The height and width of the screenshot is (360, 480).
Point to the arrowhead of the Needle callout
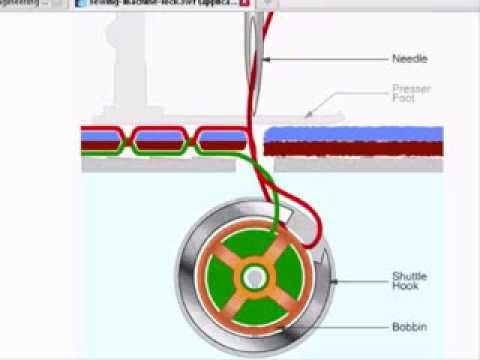267,60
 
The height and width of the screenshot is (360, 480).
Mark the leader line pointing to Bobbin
340,327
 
